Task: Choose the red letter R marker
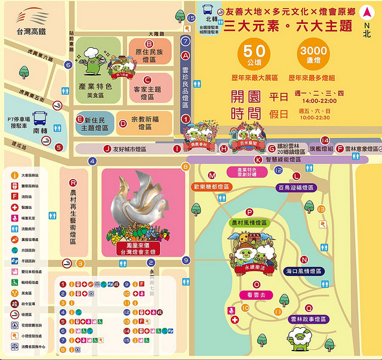pos(73,183)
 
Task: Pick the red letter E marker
pos(79,119)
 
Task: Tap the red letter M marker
pos(212,175)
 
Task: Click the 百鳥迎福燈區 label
pos(296,187)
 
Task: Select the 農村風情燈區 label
pos(249,222)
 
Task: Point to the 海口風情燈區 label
pos(304,271)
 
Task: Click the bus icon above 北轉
pos(208,9)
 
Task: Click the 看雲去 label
pos(257,294)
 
